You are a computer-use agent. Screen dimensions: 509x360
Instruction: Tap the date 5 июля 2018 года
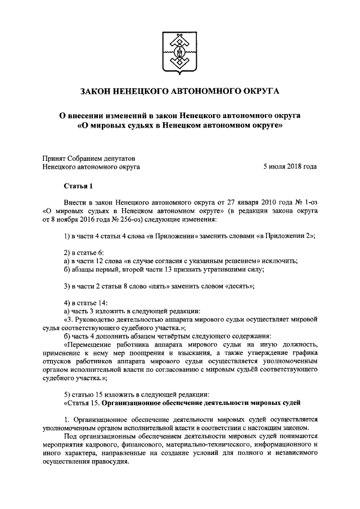(290, 166)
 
